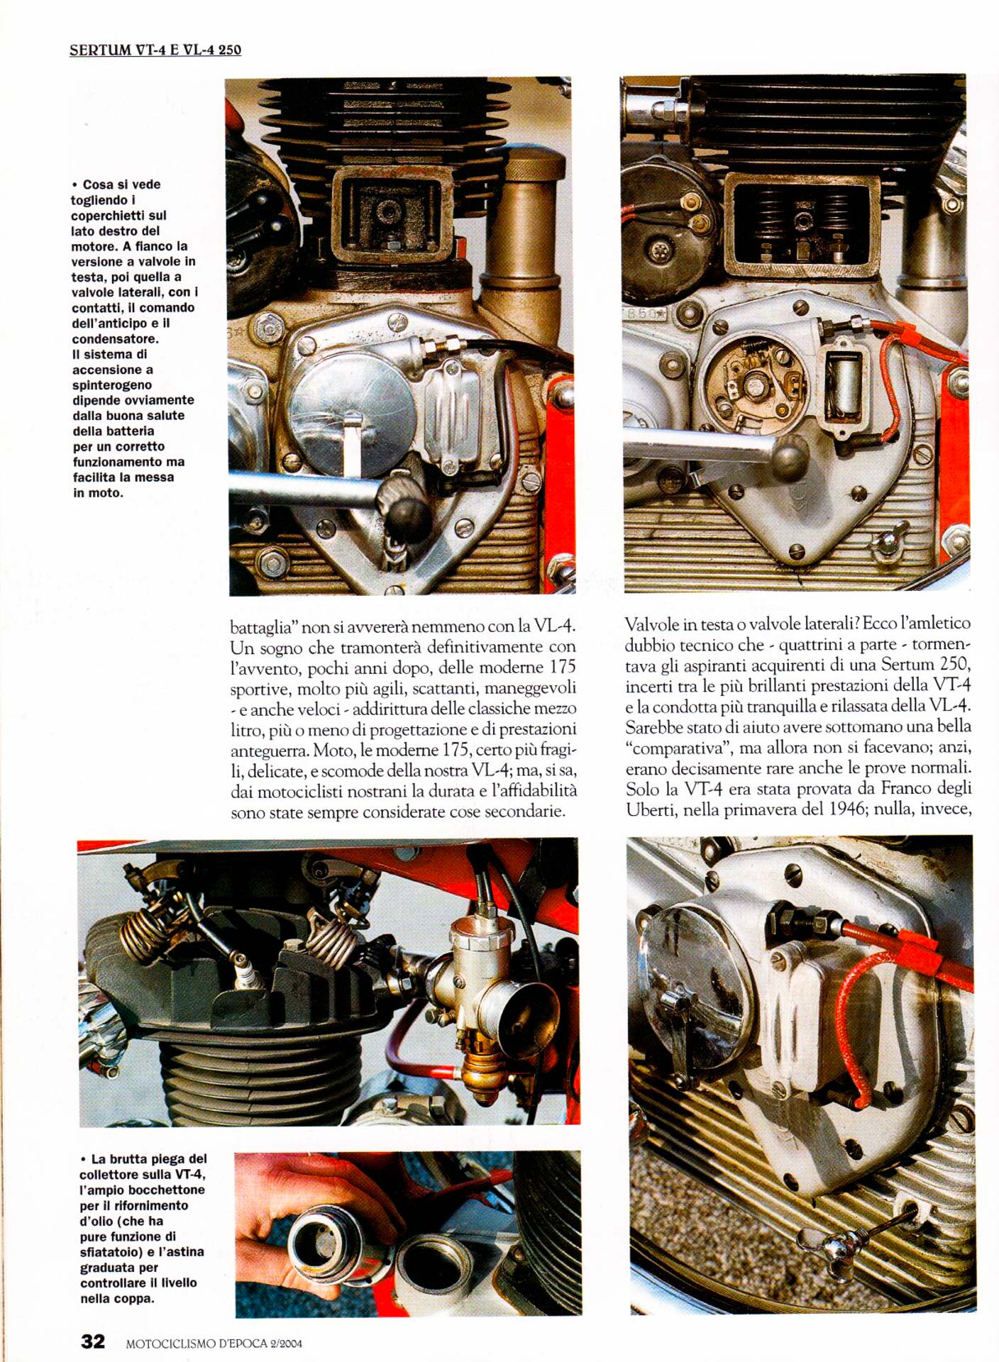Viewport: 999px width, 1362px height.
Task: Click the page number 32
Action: pos(93,1341)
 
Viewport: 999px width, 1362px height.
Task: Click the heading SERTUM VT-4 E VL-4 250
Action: pos(155,50)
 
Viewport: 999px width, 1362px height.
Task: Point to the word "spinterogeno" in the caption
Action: pos(112,385)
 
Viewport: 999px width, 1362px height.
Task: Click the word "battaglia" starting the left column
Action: pos(262,627)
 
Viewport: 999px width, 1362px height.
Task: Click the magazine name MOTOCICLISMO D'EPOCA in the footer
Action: pos(196,1343)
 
